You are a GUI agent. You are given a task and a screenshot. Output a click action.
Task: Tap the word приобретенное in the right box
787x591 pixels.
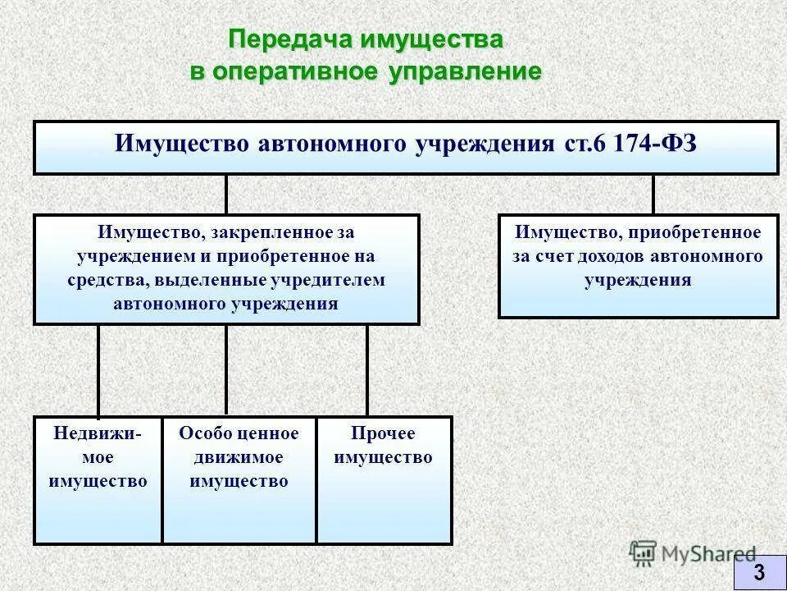pos(702,233)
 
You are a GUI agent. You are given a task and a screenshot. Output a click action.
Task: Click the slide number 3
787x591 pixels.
pos(759,571)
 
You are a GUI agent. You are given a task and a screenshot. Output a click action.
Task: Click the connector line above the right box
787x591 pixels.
pos(653,194)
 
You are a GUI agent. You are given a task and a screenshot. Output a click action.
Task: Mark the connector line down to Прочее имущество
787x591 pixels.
pos(366,369)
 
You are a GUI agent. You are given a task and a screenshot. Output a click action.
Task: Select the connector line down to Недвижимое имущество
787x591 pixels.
pos(98,369)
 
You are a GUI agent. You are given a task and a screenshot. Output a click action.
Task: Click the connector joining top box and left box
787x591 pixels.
pos(226,194)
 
